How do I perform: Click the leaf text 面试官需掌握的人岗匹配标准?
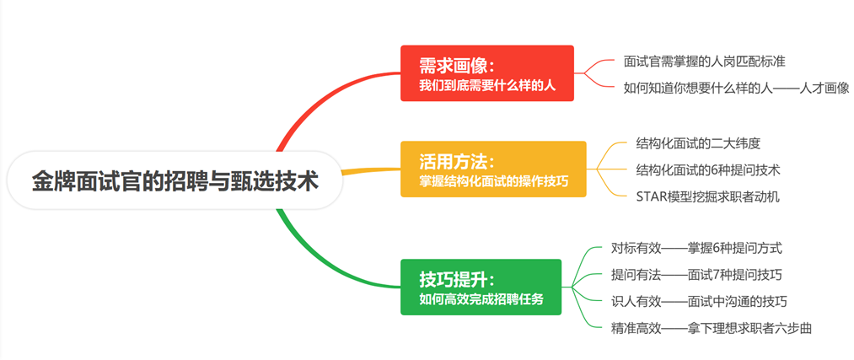(705, 61)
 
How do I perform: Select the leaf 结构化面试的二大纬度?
(698, 143)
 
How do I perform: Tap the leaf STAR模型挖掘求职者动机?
(707, 196)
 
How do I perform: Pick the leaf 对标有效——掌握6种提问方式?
(696, 248)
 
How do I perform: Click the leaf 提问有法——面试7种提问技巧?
(696, 275)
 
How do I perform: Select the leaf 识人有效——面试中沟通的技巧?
(699, 301)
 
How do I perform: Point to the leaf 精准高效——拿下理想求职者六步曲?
(711, 328)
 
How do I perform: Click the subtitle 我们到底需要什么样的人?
(487, 85)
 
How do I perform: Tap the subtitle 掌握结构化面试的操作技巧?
(493, 180)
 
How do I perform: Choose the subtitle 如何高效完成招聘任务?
(481, 298)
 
